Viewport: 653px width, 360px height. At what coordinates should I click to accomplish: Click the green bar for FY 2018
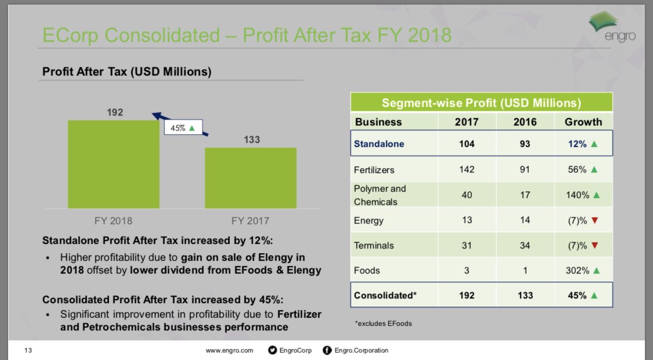113,164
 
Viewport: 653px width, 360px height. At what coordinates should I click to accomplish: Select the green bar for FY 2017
250,178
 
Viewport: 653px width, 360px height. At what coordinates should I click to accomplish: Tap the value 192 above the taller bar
115,112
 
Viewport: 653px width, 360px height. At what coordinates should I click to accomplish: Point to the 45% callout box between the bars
182,128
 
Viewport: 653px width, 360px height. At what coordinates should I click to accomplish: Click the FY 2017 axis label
250,221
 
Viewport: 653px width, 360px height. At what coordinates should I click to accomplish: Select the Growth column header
583,122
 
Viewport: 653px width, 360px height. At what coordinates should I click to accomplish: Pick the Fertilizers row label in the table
374,170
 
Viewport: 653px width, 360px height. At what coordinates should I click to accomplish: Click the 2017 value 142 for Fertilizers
466,170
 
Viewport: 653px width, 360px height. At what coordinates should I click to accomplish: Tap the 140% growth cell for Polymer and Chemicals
582,195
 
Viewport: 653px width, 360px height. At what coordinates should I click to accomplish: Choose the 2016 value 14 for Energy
525,221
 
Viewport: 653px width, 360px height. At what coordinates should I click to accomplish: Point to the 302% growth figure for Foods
578,270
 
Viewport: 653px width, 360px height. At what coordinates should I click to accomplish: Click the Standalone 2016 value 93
525,143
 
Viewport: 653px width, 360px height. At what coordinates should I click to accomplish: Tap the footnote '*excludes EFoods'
383,323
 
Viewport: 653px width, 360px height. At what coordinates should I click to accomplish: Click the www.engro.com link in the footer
230,350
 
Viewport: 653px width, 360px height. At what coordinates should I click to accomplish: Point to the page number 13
27,350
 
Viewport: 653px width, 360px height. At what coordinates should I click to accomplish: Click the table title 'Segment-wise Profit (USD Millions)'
481,103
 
